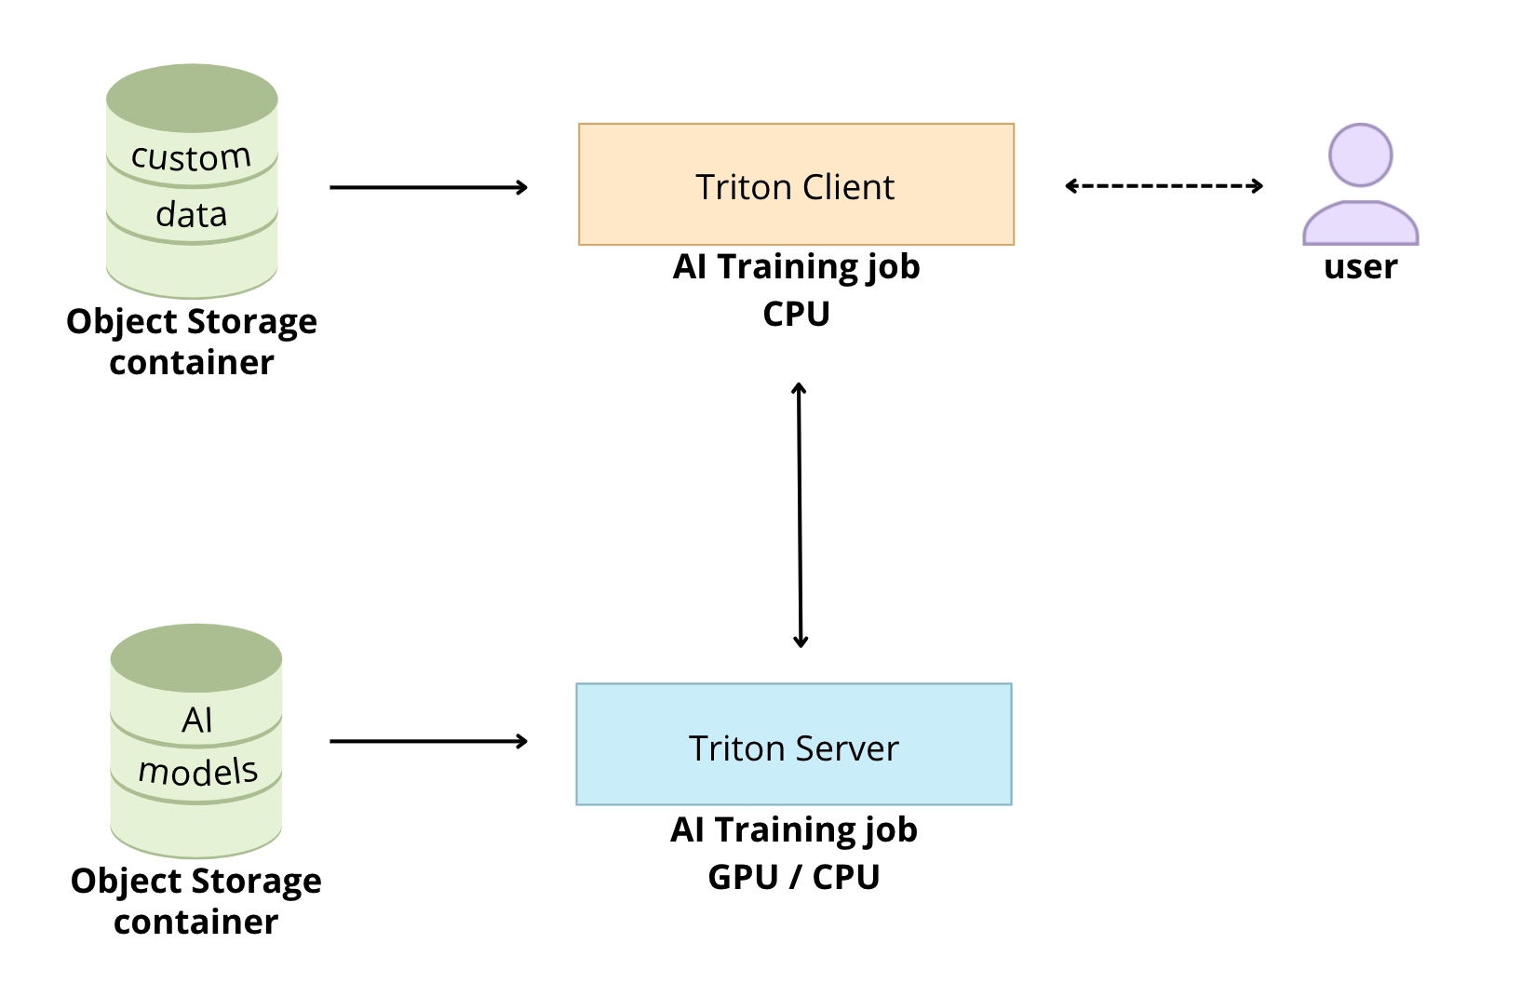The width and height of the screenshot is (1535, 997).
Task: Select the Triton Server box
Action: (x=793, y=745)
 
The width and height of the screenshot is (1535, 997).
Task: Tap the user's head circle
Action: (x=1360, y=155)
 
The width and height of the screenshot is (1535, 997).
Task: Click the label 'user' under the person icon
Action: (x=1360, y=267)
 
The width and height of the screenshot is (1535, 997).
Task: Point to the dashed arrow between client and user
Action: (x=1164, y=186)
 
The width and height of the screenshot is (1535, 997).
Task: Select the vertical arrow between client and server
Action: (x=800, y=515)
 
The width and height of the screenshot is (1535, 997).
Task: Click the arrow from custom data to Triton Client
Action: (x=428, y=187)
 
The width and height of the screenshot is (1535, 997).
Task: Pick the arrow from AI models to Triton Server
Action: (x=428, y=741)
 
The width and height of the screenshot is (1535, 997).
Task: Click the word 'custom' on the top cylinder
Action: (x=191, y=157)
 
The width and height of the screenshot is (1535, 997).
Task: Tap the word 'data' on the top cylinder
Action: (x=191, y=215)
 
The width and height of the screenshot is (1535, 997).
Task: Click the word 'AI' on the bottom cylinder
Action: (x=196, y=720)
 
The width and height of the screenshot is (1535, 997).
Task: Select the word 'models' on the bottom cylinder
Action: (x=197, y=772)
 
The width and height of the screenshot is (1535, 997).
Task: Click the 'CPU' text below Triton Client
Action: (x=796, y=314)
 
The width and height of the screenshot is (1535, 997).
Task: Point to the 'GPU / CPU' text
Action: (x=793, y=877)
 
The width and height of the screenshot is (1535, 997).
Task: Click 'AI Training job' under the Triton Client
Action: (x=796, y=267)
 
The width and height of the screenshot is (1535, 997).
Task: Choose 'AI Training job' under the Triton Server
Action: (x=793, y=829)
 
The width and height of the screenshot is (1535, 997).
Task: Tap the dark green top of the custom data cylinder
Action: (x=192, y=98)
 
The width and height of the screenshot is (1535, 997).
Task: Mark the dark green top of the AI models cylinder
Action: (x=195, y=657)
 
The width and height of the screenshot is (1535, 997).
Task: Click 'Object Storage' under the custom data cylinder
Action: (x=192, y=322)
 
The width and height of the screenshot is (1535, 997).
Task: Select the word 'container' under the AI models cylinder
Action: (x=195, y=922)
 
